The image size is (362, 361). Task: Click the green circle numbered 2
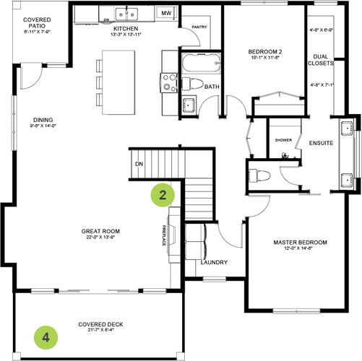tap(163, 194)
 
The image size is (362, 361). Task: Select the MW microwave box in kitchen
tap(166, 14)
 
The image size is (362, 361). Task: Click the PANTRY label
tap(199, 28)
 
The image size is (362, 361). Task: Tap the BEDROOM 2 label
tap(264, 53)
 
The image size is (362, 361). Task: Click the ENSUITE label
tap(321, 143)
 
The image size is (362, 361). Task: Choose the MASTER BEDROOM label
tap(300, 243)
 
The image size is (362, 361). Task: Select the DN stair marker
tap(138, 164)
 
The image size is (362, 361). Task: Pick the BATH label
tap(212, 87)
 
